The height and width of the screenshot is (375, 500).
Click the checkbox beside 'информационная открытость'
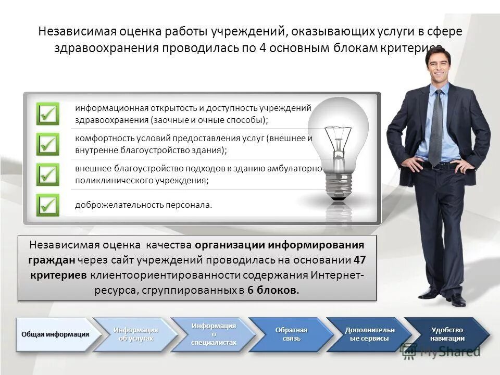[x=47, y=114]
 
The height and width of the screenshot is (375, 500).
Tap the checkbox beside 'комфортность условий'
[x=47, y=144]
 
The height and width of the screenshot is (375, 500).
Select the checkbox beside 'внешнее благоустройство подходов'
[x=47, y=174]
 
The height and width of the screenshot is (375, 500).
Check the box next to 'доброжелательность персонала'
[x=47, y=205]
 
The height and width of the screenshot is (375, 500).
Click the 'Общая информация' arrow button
[x=55, y=334]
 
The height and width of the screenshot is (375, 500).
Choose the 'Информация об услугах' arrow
[x=135, y=334]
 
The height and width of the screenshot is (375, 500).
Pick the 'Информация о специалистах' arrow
[x=214, y=334]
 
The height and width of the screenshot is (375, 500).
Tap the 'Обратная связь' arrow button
[x=291, y=334]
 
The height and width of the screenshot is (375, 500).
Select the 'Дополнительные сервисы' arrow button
[x=369, y=334]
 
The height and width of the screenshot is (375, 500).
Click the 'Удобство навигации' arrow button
[x=447, y=334]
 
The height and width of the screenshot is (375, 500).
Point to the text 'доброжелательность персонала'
[x=144, y=205]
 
